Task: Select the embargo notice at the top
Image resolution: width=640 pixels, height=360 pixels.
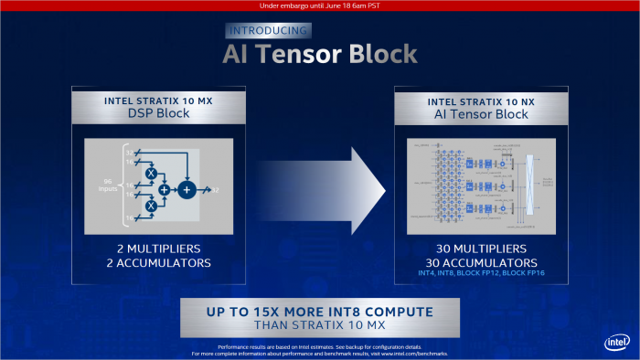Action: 320,5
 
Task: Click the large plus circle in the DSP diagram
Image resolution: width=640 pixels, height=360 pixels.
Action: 187,189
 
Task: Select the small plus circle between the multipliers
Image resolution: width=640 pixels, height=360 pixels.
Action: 165,189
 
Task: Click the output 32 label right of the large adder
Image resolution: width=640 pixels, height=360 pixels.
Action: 216,189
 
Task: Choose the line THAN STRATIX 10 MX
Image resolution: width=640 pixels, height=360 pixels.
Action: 320,326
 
